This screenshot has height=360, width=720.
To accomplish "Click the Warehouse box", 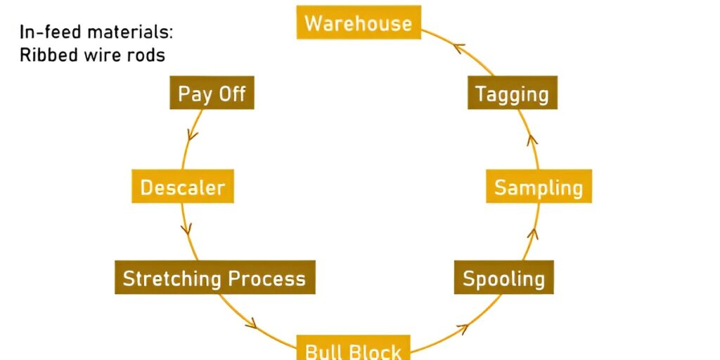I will tap(359, 22).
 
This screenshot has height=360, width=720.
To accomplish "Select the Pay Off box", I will tap(212, 94).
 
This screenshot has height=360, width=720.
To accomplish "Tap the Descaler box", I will tap(183, 187).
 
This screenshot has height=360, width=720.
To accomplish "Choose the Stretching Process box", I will tap(214, 278).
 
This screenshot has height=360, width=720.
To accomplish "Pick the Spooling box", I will tap(503, 278).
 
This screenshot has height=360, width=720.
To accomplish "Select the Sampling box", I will tap(539, 187).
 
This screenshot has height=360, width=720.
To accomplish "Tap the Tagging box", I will tap(512, 94).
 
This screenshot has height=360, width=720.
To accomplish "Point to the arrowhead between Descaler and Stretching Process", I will tap(186, 229).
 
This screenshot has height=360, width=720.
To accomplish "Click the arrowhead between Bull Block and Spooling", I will tap(462, 327).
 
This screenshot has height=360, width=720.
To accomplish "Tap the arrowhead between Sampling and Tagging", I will tap(532, 139).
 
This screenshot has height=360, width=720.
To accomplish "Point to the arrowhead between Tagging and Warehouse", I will tap(461, 49).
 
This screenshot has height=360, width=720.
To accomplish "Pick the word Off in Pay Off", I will tap(231, 94).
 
